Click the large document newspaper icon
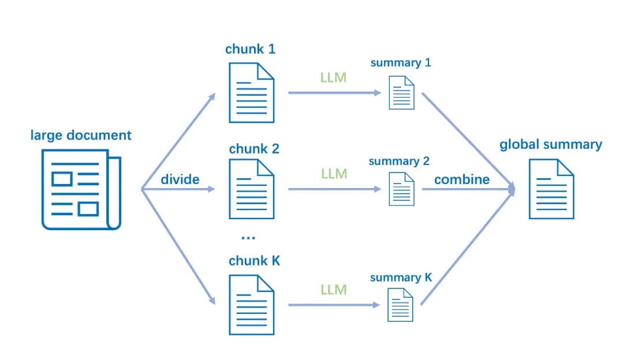81,190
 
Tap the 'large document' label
81,136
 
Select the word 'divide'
180,179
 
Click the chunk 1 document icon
251,92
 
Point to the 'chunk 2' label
254,149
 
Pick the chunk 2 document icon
251,189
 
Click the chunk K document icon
251,305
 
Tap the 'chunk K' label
255,261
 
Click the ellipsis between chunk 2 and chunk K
247,237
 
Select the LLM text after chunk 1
334,77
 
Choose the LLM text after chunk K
334,290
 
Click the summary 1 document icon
402,92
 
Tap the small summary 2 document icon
402,189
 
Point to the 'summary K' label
401,277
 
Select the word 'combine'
462,179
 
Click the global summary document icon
551,189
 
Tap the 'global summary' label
550,144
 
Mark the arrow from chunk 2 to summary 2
335,189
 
